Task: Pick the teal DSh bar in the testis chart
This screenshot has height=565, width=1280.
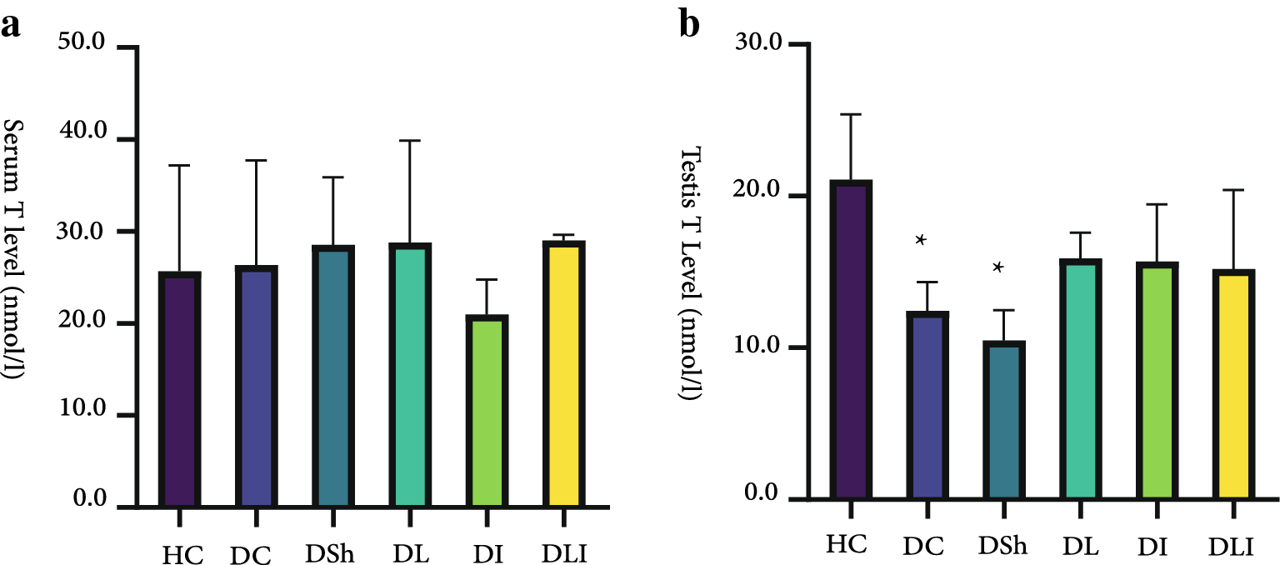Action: coord(1004,421)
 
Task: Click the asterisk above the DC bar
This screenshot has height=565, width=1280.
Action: coord(921,240)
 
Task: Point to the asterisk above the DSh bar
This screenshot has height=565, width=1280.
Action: coord(997,267)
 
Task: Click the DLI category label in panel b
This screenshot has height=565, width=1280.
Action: coord(1232,547)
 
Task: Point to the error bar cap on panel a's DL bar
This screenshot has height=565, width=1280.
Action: coord(410,141)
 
